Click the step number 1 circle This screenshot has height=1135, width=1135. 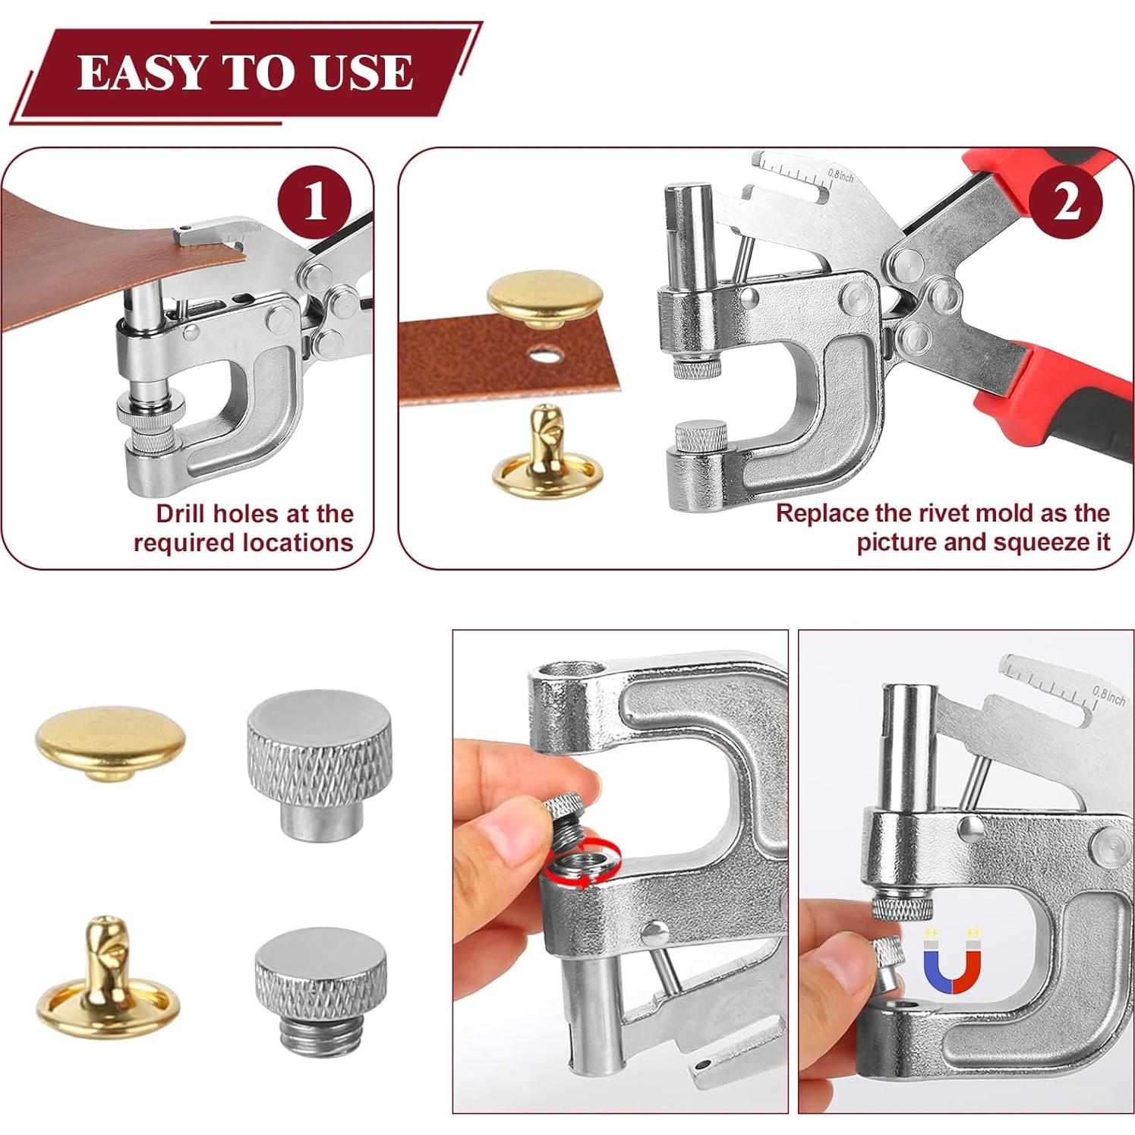pos(314,201)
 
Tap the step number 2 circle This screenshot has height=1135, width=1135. pos(1066,202)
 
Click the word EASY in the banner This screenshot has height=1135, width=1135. pos(140,74)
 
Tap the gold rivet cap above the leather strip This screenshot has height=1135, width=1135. pos(544,301)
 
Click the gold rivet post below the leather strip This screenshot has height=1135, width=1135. pos(544,453)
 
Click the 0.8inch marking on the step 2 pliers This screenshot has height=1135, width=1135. pos(840,176)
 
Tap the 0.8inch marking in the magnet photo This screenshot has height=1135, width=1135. pos(1108,694)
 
